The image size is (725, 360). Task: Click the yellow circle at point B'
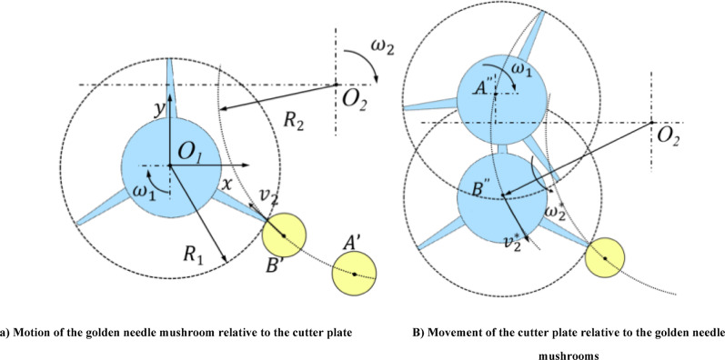(x=284, y=235)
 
